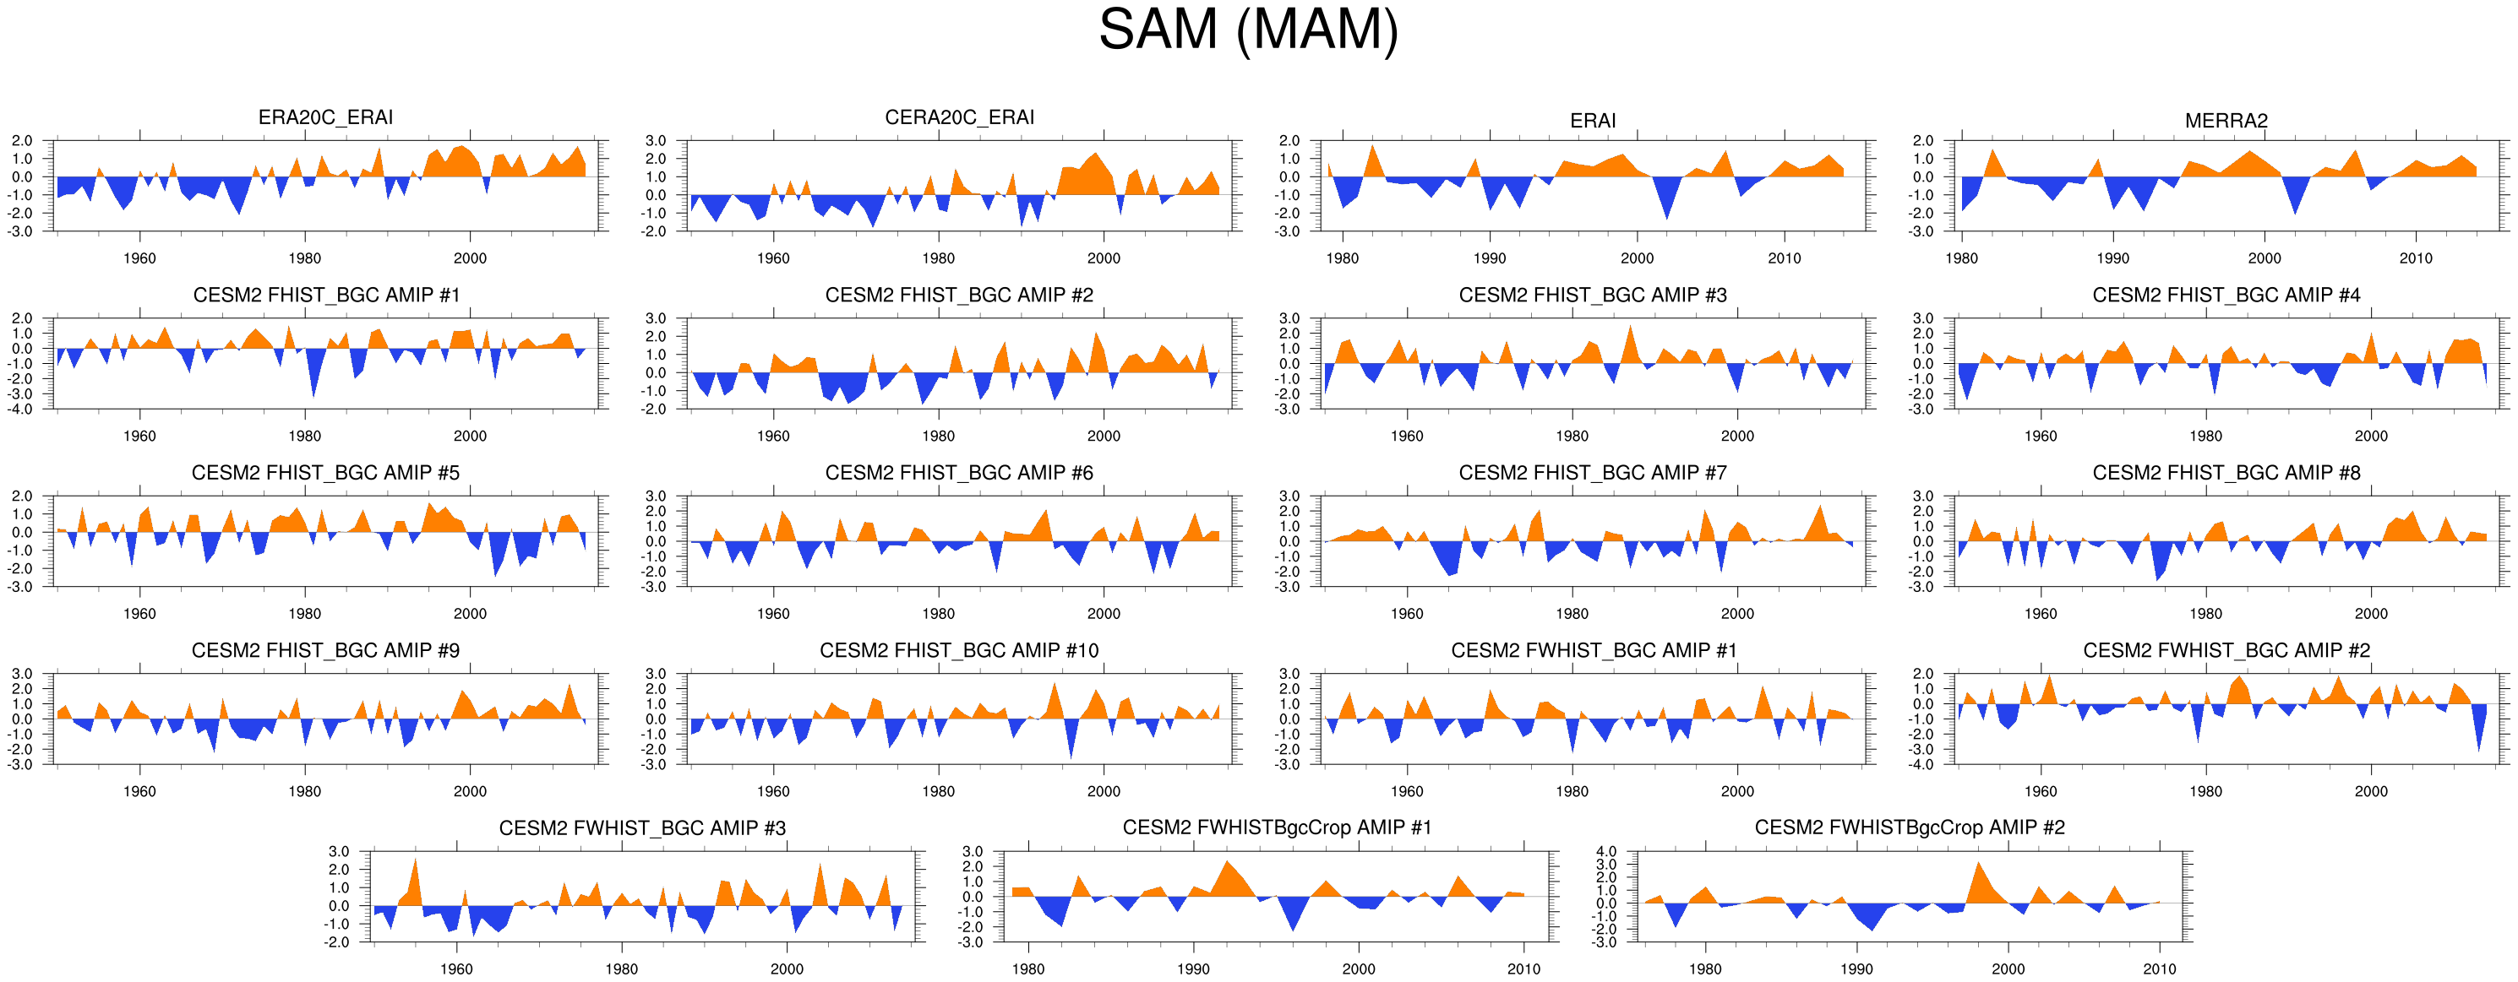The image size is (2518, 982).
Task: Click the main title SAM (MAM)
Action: click(1248, 30)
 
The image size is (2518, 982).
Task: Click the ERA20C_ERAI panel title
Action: click(325, 117)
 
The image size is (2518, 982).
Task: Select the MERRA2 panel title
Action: click(2226, 121)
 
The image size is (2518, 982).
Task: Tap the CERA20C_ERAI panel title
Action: click(959, 117)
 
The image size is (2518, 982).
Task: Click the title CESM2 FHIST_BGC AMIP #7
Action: click(1592, 473)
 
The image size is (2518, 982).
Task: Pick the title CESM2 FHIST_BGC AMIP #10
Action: click(959, 651)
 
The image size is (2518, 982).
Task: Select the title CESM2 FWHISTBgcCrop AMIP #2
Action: click(1909, 827)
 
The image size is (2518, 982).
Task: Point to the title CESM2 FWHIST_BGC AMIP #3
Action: click(642, 828)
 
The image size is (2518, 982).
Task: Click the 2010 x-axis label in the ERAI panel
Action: click(1784, 259)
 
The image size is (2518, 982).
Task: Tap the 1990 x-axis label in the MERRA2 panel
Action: click(2112, 259)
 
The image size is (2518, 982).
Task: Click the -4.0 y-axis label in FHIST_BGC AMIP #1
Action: click(21, 410)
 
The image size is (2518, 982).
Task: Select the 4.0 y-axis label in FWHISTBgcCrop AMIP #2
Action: click(1606, 852)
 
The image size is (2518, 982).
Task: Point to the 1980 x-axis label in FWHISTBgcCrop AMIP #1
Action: click(1027, 969)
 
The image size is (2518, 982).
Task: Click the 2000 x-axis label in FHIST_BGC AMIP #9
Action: click(469, 791)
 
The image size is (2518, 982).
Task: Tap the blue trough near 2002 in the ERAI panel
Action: click(1666, 210)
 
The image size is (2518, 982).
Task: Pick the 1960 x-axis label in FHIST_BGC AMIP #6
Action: click(772, 614)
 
